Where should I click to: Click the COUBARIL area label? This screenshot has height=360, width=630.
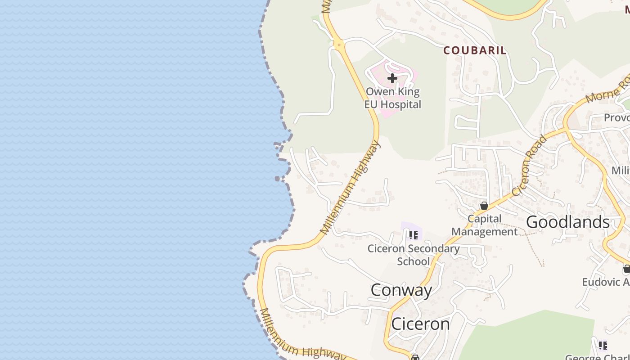pyautogui.click(x=475, y=50)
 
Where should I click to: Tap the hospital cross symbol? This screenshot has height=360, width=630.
pyautogui.click(x=392, y=78)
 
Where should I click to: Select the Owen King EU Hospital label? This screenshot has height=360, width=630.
pyautogui.click(x=393, y=98)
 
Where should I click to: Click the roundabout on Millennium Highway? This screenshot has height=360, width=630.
pyautogui.click(x=338, y=44)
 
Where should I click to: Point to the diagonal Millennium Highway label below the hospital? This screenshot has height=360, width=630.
pyautogui.click(x=351, y=188)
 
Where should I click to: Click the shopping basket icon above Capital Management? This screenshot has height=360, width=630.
pyautogui.click(x=484, y=206)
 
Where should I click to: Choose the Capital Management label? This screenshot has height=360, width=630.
pyautogui.click(x=485, y=225)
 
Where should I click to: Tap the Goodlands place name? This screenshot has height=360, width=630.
pyautogui.click(x=568, y=222)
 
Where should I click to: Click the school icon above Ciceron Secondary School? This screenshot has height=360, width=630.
pyautogui.click(x=414, y=235)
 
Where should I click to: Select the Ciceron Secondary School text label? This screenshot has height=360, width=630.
pyautogui.click(x=414, y=255)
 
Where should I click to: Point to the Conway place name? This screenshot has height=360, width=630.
pyautogui.click(x=401, y=290)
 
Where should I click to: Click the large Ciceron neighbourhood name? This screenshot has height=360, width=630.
pyautogui.click(x=420, y=324)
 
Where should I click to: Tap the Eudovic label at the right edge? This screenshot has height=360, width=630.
pyautogui.click(x=606, y=282)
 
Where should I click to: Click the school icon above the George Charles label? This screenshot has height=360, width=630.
pyautogui.click(x=603, y=345)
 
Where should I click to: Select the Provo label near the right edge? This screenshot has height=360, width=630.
pyautogui.click(x=616, y=117)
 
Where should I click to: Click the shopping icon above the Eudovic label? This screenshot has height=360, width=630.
pyautogui.click(x=626, y=269)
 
